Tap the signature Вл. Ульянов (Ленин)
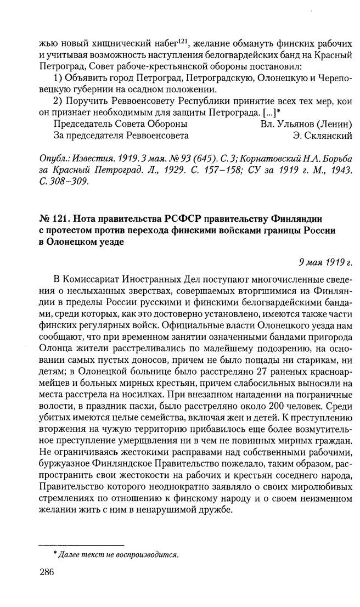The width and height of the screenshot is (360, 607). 306,123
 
